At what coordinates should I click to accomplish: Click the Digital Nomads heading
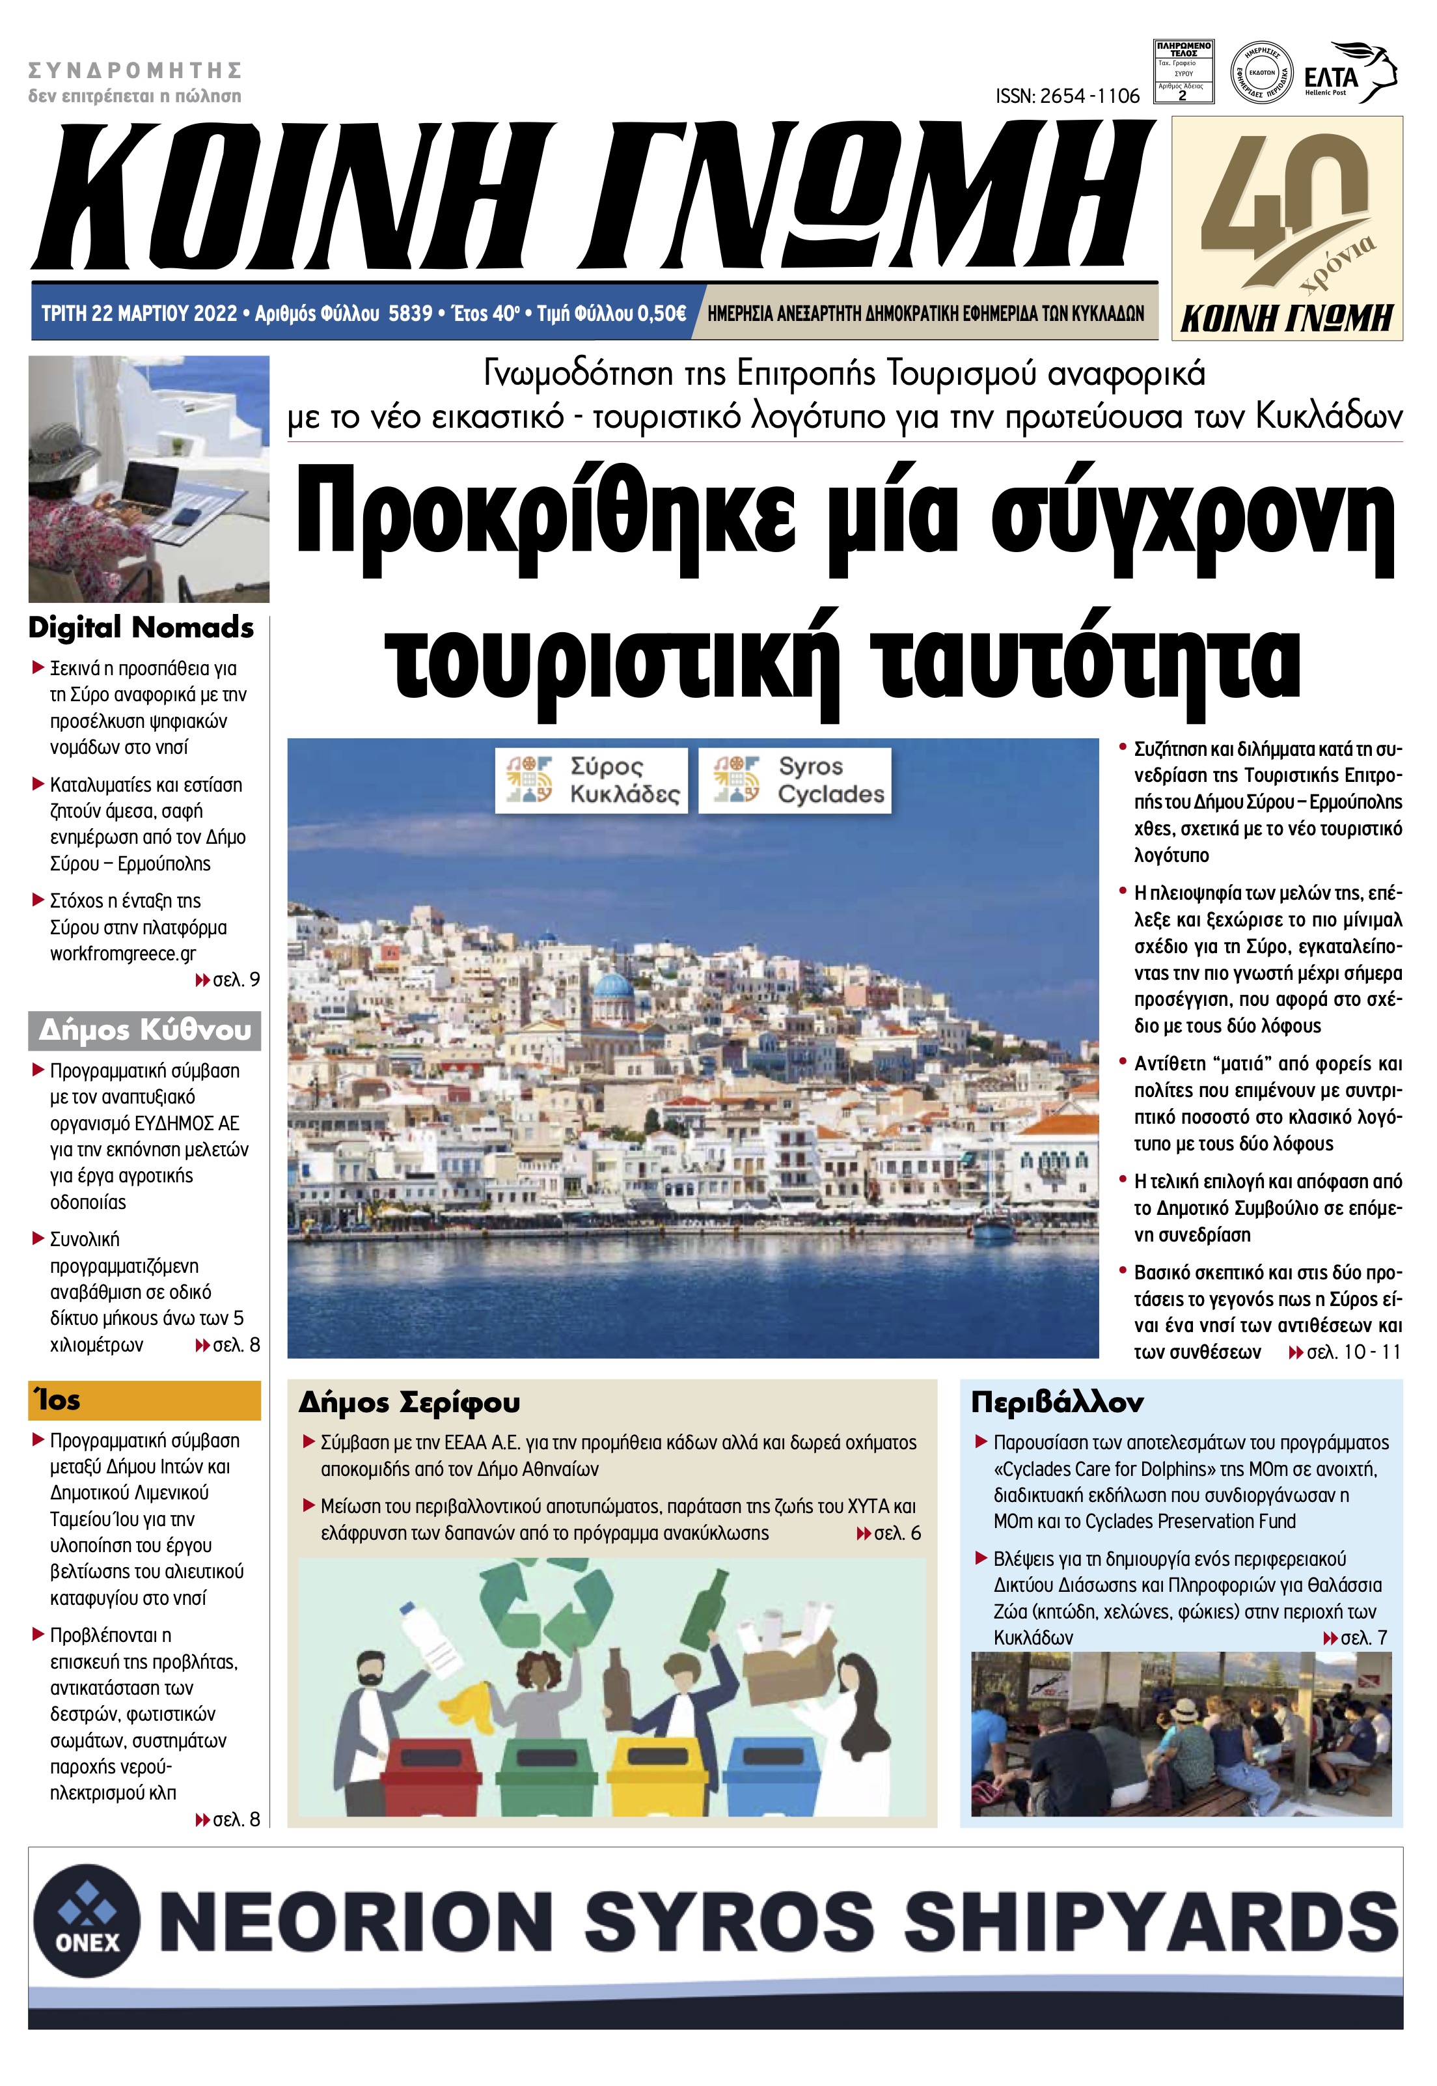tap(141, 628)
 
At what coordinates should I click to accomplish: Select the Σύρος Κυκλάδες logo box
tap(591, 780)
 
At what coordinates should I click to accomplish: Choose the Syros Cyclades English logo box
tap(795, 780)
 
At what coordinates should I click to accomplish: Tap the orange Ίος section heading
tap(144, 1400)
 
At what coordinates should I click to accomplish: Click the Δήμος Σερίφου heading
tap(409, 1402)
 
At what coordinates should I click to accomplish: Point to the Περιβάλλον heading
tap(1057, 1402)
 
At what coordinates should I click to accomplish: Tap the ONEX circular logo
tap(87, 1922)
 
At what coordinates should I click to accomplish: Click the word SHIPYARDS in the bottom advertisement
tap(1151, 1921)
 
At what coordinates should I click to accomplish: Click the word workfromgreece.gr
tap(124, 953)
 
